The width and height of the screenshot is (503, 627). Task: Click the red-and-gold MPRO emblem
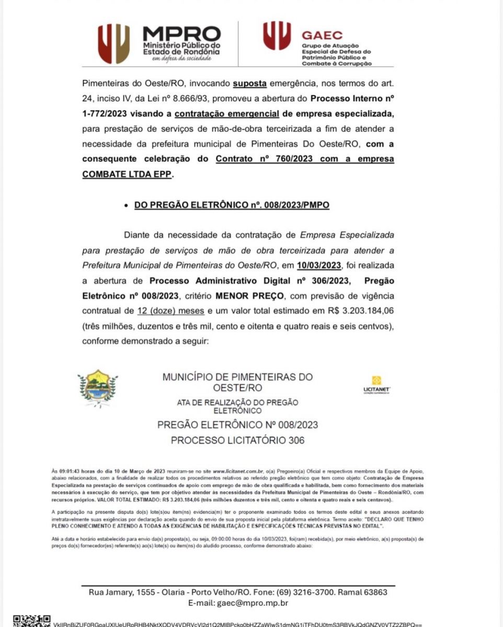[113, 44]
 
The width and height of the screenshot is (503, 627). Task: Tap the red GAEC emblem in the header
[277, 36]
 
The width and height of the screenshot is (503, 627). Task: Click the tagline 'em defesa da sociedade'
[181, 59]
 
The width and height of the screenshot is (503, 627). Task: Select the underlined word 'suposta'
[250, 84]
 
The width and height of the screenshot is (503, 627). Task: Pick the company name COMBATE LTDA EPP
[127, 174]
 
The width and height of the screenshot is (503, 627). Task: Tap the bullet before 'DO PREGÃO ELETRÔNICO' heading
[126, 206]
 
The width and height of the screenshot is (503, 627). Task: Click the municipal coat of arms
[98, 387]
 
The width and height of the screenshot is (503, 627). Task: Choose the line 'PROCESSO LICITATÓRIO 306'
[237, 440]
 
